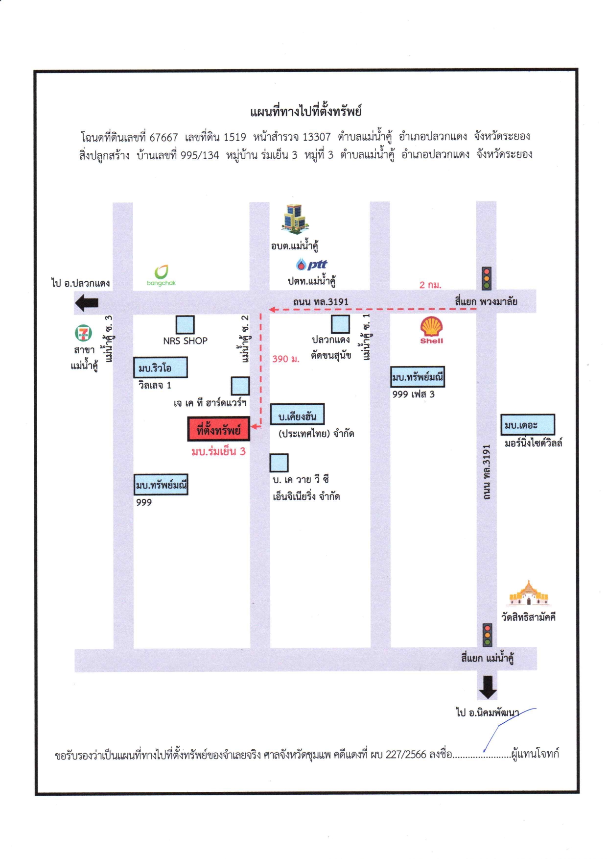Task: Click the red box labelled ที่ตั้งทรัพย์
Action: (218, 429)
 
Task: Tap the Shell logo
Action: (431, 330)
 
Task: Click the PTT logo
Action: (311, 265)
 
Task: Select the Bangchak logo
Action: (161, 275)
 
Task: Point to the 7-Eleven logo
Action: (83, 333)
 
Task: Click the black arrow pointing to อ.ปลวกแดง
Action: (87, 303)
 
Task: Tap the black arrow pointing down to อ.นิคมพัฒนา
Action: (488, 687)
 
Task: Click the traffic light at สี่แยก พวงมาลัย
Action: (487, 278)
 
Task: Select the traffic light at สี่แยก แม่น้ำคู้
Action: (488, 635)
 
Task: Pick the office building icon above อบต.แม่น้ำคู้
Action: (295, 219)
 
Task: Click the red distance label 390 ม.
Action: (286, 359)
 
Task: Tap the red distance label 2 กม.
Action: (430, 285)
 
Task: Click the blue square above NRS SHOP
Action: (185, 324)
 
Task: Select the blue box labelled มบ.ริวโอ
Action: (161, 368)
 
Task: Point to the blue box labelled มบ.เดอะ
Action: (528, 424)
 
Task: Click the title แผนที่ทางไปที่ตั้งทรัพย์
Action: (306, 111)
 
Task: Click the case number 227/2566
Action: (406, 754)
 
